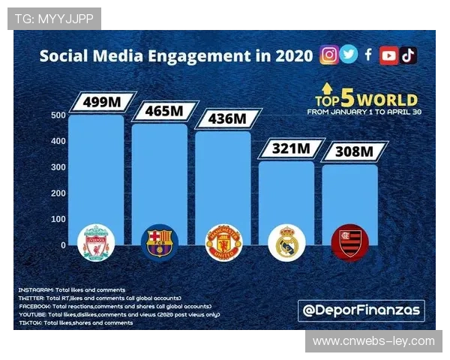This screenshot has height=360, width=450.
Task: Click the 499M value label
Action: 103,101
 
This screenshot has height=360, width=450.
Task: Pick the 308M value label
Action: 353,152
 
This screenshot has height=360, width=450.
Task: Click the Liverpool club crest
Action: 97,242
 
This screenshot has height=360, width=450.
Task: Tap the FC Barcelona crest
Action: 160,242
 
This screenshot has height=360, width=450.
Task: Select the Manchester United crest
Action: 223,242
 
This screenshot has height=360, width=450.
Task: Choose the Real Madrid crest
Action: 286,242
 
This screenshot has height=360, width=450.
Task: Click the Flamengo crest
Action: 349,242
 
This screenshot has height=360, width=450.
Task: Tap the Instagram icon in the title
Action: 328,55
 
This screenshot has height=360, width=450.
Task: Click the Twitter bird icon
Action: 349,55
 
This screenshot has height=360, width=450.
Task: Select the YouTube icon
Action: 388,55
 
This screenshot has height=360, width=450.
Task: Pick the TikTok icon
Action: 408,55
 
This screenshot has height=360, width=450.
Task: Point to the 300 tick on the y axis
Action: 58,167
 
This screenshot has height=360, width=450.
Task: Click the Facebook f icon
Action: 368,55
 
